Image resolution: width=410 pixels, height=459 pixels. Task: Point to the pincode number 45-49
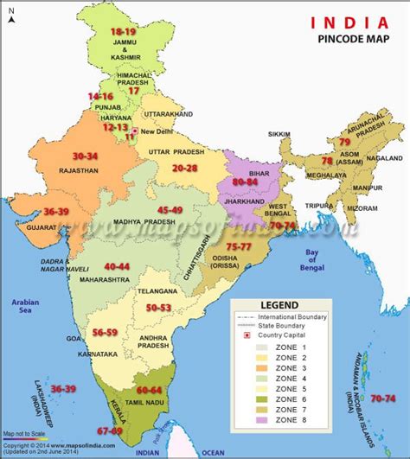(170, 210)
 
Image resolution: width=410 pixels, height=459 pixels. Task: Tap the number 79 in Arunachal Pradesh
(343, 141)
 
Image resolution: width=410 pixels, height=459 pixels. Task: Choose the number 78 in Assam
(327, 160)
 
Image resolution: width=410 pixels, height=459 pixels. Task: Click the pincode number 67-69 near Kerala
(110, 430)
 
